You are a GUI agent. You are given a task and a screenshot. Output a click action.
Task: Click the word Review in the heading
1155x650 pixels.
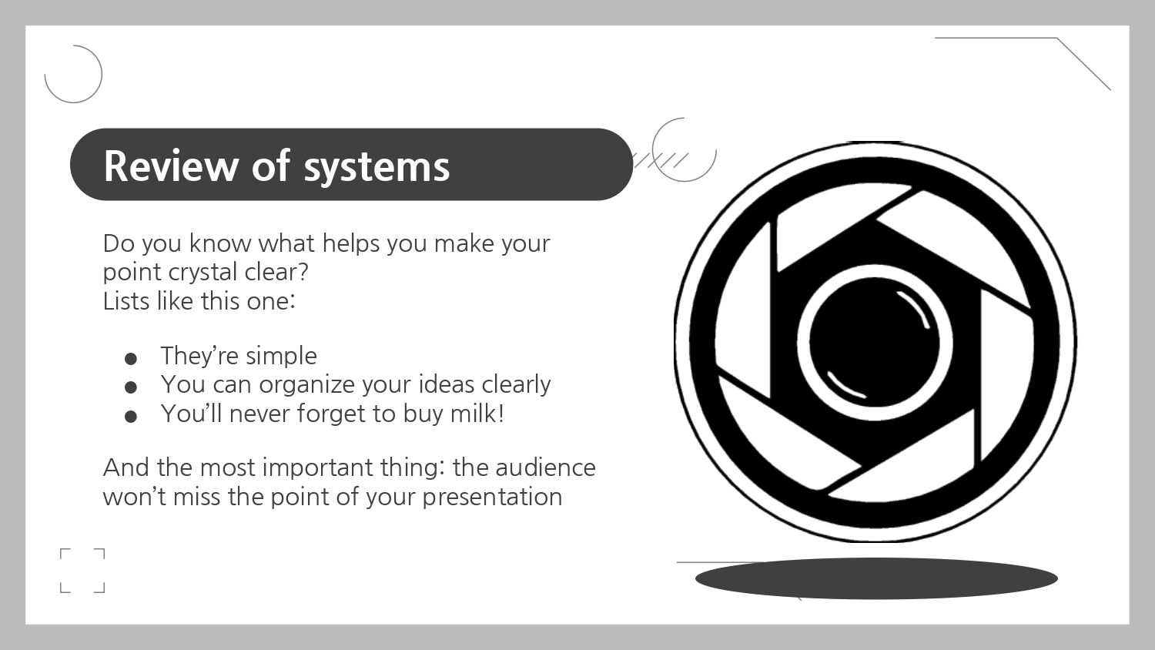click(171, 166)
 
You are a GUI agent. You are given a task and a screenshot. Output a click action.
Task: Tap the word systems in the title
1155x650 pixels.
click(377, 169)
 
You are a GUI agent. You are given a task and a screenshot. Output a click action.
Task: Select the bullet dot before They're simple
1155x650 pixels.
click(131, 359)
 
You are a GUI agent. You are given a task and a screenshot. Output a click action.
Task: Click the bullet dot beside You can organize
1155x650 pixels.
click(131, 387)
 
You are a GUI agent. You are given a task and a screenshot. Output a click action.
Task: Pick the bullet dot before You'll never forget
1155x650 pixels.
click(131, 417)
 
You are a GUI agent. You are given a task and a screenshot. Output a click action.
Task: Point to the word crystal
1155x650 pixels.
click(203, 273)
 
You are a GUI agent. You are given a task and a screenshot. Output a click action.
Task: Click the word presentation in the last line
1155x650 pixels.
click(493, 498)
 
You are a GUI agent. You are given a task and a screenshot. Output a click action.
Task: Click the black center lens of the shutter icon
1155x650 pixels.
click(874, 342)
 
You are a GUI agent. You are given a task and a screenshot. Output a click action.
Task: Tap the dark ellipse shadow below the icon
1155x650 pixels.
click(876, 578)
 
